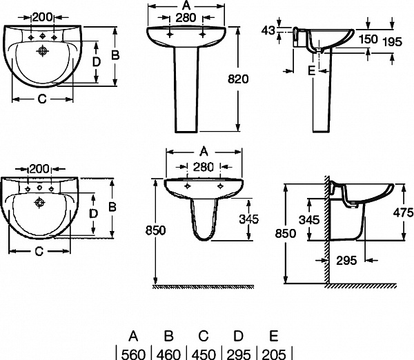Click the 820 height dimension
click(238, 79)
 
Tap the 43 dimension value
click(269, 30)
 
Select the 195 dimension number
click(392, 42)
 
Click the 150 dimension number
click(368, 39)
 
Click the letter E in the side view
click(311, 71)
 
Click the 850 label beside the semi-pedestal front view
click(156, 232)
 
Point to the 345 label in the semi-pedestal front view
click(248, 219)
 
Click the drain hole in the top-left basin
click(43, 50)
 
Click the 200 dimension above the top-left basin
click(43, 16)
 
